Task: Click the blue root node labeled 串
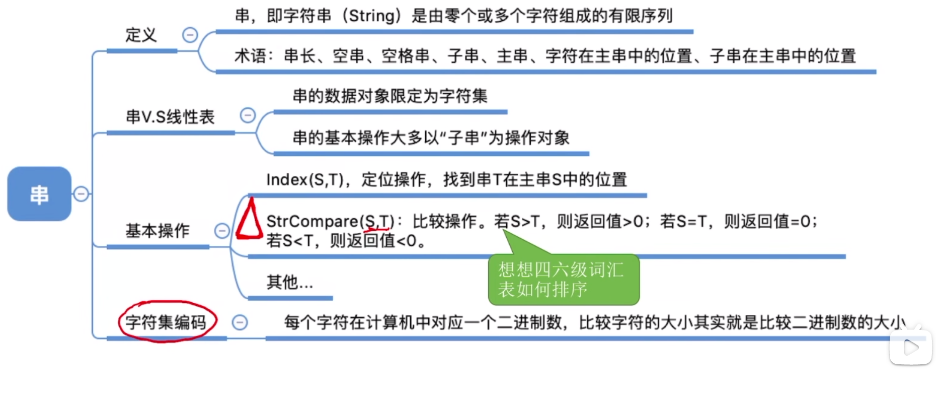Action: pyautogui.click(x=39, y=194)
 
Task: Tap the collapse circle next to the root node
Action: pyautogui.click(x=81, y=194)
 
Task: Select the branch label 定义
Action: pyautogui.click(x=141, y=35)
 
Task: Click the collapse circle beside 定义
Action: pyautogui.click(x=190, y=35)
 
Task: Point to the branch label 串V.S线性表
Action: pyautogui.click(x=170, y=117)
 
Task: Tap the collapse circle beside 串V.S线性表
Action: pyautogui.click(x=248, y=115)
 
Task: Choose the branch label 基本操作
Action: pyautogui.click(x=158, y=231)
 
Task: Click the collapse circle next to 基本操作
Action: pyautogui.click(x=222, y=231)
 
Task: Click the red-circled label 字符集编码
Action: pyautogui.click(x=166, y=322)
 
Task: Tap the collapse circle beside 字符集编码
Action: pyautogui.click(x=240, y=322)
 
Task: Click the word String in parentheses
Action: pyautogui.click(x=372, y=16)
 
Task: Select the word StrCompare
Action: pyautogui.click(x=312, y=221)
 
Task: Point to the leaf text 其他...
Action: pyautogui.click(x=282, y=282)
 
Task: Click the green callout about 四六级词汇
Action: pyautogui.click(x=563, y=280)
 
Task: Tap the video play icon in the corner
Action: pyautogui.click(x=910, y=347)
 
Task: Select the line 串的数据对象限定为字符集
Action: pyautogui.click(x=390, y=96)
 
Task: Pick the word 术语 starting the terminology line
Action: pyautogui.click(x=250, y=56)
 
